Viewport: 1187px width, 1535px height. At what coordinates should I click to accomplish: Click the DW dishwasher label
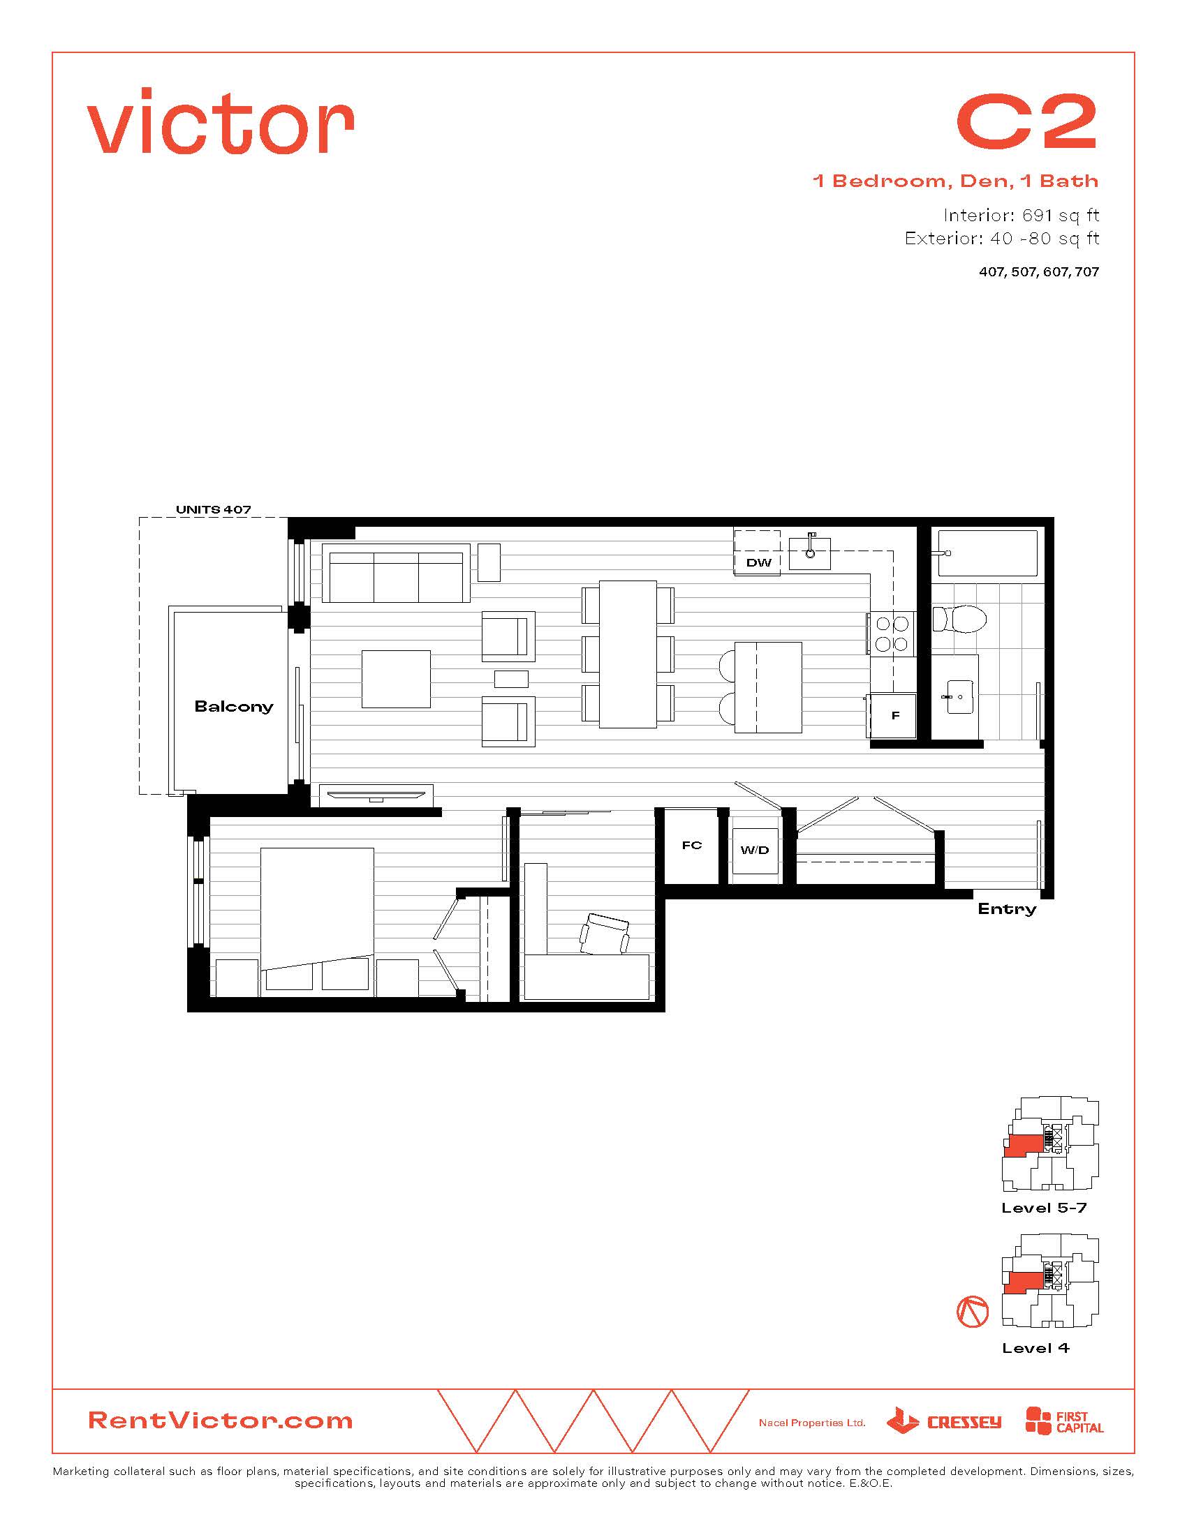(759, 562)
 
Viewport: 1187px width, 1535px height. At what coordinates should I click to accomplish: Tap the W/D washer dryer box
(755, 851)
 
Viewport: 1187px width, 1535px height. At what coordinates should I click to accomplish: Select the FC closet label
(692, 845)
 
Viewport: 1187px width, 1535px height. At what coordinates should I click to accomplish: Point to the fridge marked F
(894, 715)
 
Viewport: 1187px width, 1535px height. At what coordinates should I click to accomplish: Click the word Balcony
(233, 706)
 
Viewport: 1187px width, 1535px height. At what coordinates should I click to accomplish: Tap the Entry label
(1007, 908)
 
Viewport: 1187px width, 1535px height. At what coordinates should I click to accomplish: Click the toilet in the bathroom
(959, 619)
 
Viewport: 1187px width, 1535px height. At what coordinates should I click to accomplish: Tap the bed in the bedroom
(317, 921)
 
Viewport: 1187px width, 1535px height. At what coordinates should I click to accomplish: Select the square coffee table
(396, 679)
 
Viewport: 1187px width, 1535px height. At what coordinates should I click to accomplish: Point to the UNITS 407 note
(213, 509)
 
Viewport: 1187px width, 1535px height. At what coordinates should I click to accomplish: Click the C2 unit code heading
(1026, 122)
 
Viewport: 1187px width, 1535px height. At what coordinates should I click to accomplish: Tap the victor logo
(220, 120)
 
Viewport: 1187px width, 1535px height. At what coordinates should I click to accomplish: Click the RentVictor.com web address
(220, 1420)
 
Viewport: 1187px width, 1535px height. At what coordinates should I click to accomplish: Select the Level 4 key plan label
(1035, 1348)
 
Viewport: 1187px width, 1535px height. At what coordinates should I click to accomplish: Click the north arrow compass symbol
(973, 1312)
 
